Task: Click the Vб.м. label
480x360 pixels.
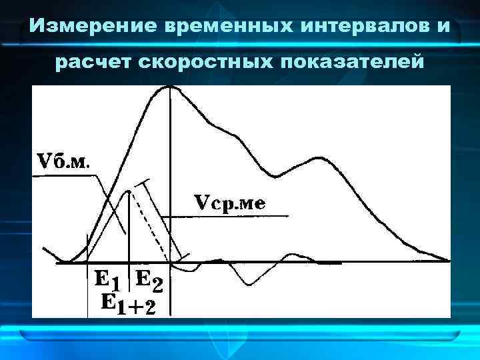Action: coord(65,162)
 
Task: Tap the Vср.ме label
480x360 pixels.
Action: coord(229,202)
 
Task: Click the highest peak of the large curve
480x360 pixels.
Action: coord(171,87)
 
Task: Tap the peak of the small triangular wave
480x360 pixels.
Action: coord(129,191)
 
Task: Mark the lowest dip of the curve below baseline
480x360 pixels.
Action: coord(248,285)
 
